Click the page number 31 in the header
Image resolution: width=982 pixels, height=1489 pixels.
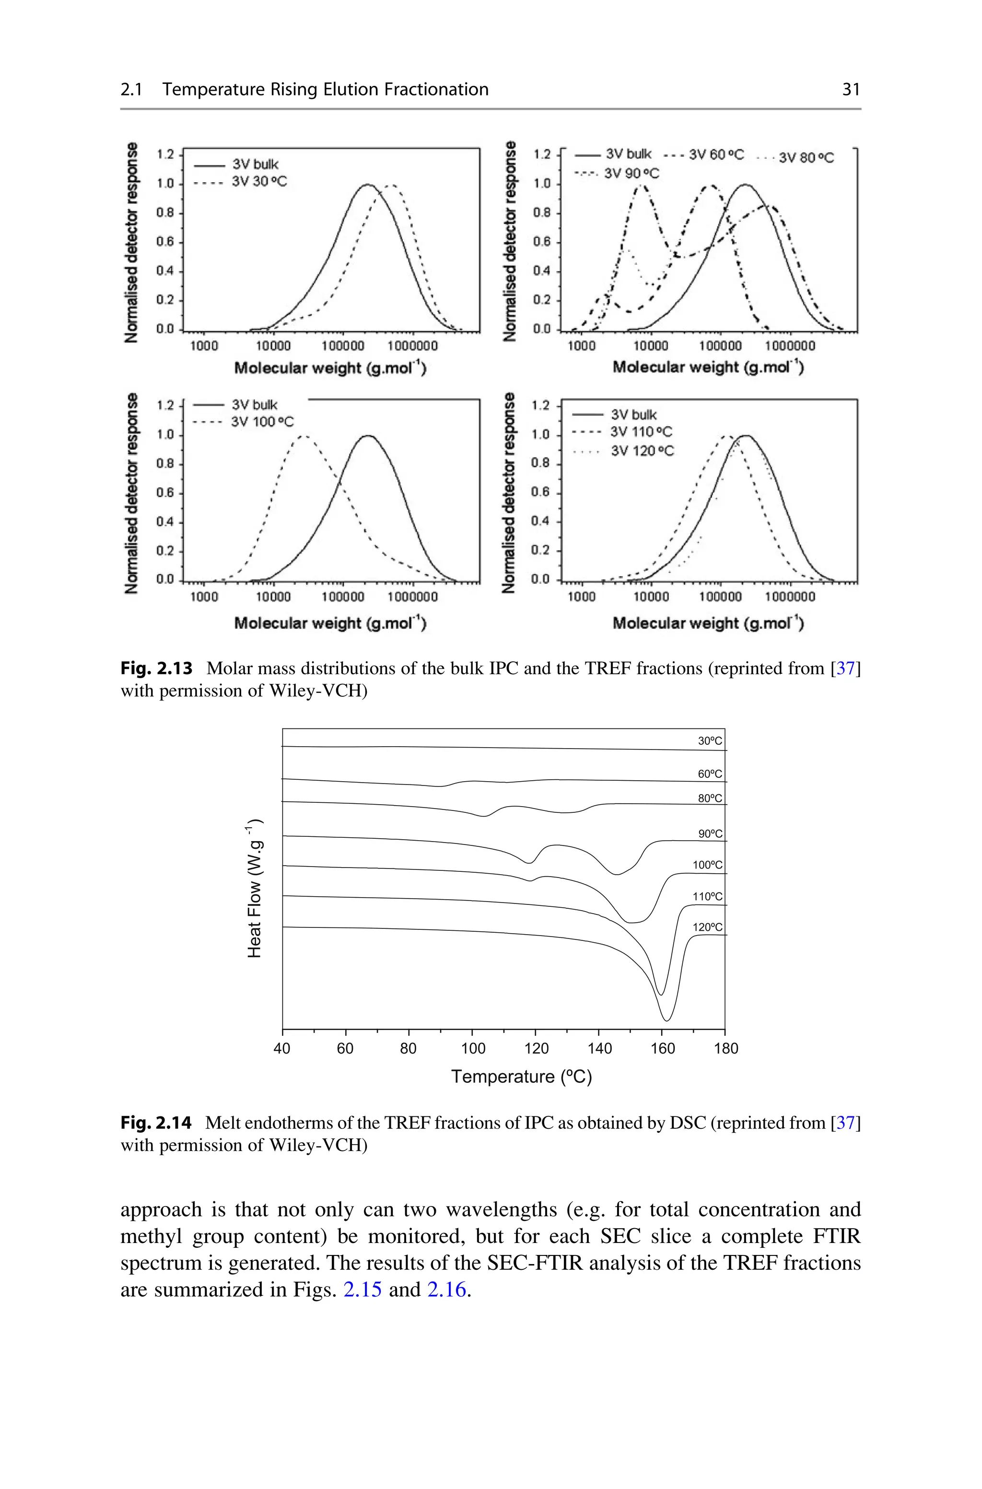point(851,90)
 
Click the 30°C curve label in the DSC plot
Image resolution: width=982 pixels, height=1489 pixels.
point(710,741)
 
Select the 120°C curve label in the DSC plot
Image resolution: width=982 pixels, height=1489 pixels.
point(707,927)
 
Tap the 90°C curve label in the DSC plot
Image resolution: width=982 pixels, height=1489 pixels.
point(710,834)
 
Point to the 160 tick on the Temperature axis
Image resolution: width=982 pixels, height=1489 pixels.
point(662,1048)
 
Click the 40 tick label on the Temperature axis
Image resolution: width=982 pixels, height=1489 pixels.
point(282,1048)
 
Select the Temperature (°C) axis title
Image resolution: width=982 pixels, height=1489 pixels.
point(521,1077)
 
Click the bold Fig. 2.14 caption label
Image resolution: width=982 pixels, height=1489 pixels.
point(156,1123)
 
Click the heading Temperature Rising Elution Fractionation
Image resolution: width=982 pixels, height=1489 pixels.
point(325,90)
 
